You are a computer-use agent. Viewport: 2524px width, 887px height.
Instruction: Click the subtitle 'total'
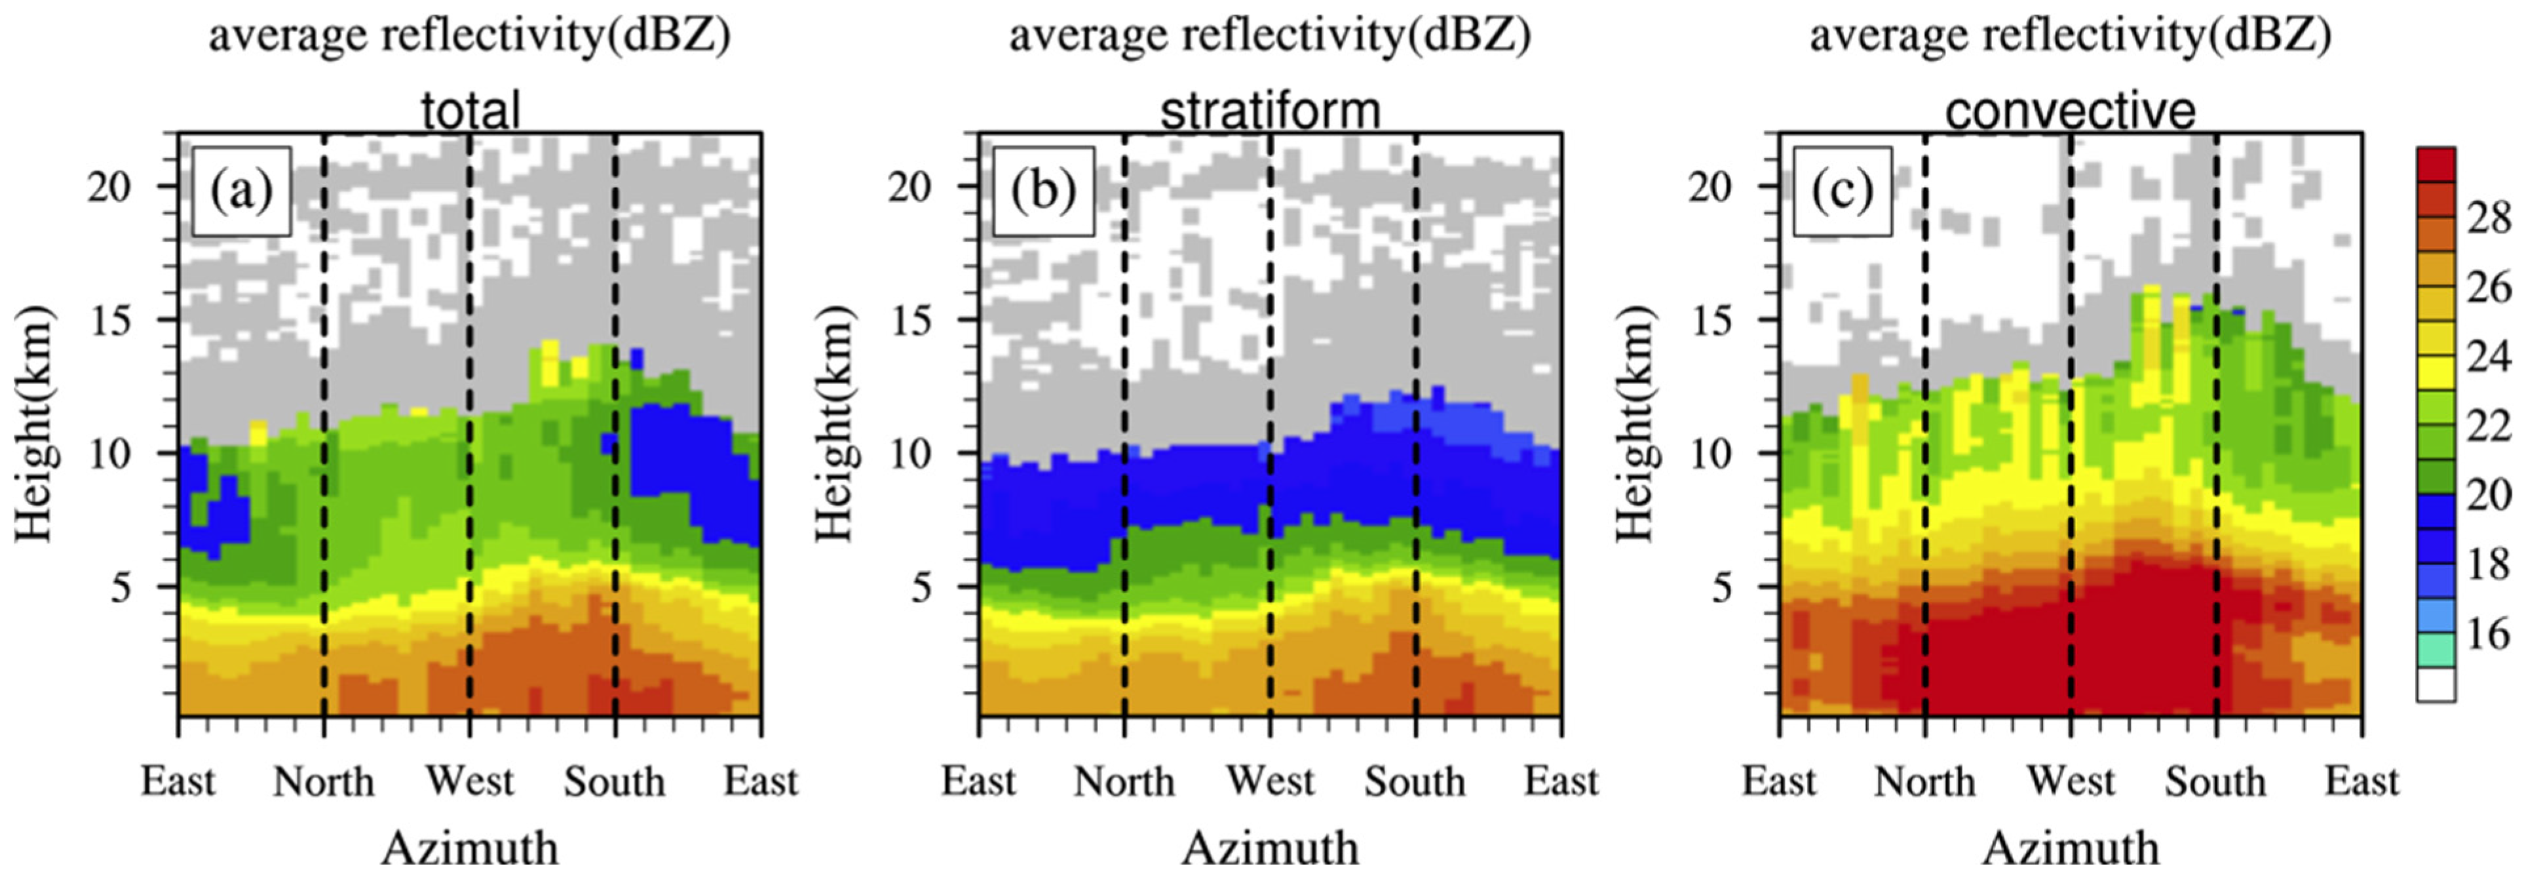coord(470,111)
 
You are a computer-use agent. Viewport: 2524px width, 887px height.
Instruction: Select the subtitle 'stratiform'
coord(1270,111)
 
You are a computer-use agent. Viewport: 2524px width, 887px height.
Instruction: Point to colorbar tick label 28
coord(2488,218)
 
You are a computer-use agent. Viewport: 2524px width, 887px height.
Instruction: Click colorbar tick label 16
coord(2488,633)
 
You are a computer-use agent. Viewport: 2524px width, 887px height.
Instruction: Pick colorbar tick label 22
coord(2488,425)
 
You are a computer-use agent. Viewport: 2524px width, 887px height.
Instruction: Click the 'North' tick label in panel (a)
coord(323,781)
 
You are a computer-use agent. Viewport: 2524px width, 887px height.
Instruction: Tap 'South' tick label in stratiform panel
coord(1415,781)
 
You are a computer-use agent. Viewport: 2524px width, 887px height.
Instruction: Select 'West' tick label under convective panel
coord(2071,781)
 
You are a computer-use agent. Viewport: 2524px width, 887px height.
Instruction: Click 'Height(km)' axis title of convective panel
coord(1634,424)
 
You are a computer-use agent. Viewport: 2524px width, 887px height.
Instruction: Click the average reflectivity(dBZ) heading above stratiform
coord(1270,36)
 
